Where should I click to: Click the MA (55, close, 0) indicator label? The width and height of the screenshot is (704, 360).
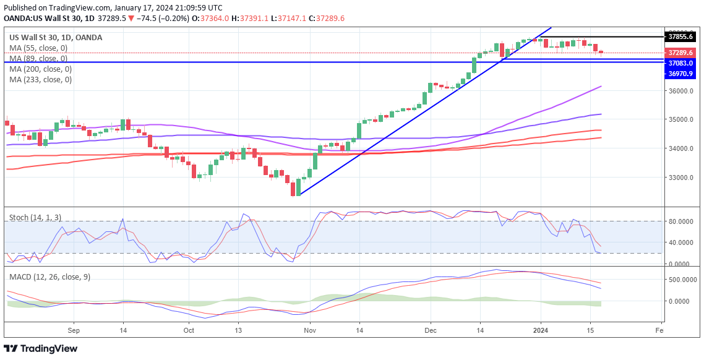coord(38,48)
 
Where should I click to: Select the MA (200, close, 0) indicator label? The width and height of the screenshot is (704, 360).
coord(40,69)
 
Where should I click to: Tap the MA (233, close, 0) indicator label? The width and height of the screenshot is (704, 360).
coord(40,80)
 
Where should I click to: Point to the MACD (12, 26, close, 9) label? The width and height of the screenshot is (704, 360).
coord(49,277)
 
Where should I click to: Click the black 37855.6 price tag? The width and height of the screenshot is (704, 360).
coord(680,36)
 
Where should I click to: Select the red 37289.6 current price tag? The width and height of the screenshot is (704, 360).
coord(680,53)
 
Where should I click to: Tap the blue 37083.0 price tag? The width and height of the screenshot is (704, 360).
coord(680,63)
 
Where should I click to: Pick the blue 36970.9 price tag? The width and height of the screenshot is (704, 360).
coord(680,74)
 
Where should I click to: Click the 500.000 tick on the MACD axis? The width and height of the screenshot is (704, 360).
coord(682,280)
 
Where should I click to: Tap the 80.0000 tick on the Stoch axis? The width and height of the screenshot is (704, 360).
coord(682,221)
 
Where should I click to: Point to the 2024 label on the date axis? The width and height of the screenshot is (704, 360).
coord(541,331)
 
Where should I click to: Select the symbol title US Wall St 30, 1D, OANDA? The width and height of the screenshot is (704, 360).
coord(56,38)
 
